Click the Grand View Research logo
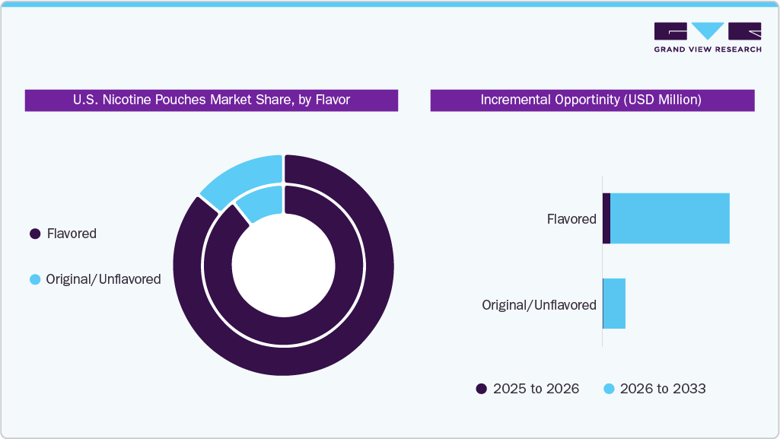[x=707, y=37]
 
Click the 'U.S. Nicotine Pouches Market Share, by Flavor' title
[x=211, y=100]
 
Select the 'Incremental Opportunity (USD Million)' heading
[x=591, y=100]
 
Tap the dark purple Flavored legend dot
[x=35, y=234]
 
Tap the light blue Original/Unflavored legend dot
[x=35, y=279]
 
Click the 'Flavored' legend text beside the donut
[x=72, y=234]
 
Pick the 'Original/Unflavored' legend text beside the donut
[x=103, y=279]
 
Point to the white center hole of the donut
[x=283, y=266]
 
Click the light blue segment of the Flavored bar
[x=670, y=218]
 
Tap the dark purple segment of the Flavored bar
[x=606, y=218]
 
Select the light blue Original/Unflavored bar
[x=614, y=304]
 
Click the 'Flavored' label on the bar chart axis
[x=571, y=219]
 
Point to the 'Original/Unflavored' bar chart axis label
[x=539, y=305]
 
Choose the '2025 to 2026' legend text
[x=536, y=389]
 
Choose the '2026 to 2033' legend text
[x=663, y=389]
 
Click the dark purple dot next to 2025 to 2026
[x=481, y=389]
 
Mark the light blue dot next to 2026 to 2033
[x=609, y=389]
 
